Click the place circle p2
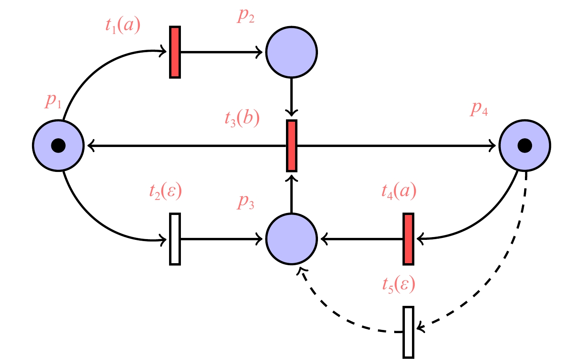coord(291,52)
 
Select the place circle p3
coord(291,239)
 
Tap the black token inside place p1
coord(58,145)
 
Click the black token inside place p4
coord(525,145)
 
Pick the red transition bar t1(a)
coord(175,52)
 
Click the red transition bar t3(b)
coord(291,145)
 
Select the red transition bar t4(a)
coord(408,239)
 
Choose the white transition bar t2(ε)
coord(175,239)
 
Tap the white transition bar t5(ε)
coord(408,332)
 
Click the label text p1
coord(53,101)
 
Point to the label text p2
coord(246,16)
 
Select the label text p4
coord(479,109)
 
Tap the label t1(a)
coord(123,26)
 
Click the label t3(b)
coord(242,119)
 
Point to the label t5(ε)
coord(399,285)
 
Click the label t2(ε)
coord(165,192)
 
